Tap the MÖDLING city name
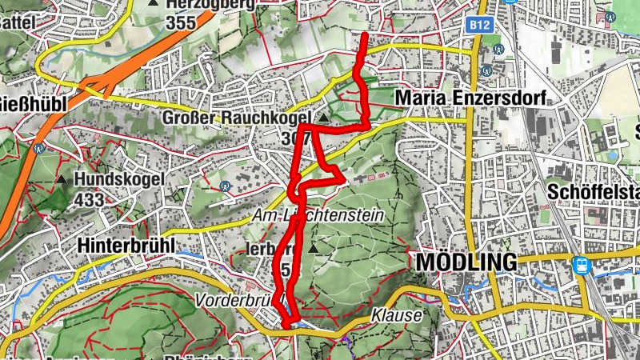click(x=466, y=263)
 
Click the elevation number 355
click(x=182, y=22)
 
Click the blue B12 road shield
click(x=480, y=26)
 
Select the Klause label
click(x=396, y=315)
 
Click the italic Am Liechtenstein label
click(x=318, y=216)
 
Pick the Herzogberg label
click(x=210, y=4)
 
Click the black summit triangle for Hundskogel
click(x=62, y=178)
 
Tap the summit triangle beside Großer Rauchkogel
click(x=323, y=118)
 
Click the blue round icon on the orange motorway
click(x=38, y=148)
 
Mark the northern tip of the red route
click(x=365, y=36)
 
